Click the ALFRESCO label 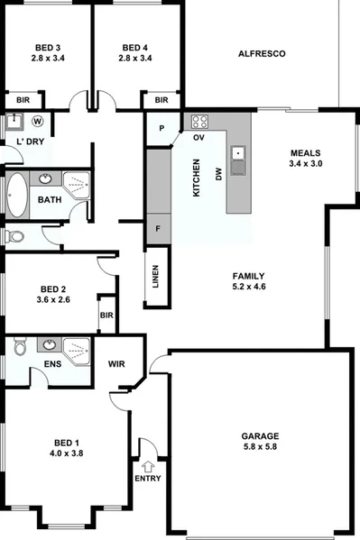click(x=262, y=55)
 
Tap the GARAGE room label click(x=261, y=432)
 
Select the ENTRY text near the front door click(x=147, y=478)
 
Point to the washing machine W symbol click(x=38, y=121)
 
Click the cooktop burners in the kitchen click(x=198, y=123)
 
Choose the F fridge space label click(x=158, y=228)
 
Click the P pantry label click(x=162, y=128)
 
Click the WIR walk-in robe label click(x=116, y=364)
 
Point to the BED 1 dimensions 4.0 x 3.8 click(x=66, y=453)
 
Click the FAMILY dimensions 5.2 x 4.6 click(x=248, y=287)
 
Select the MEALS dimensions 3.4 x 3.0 click(x=304, y=164)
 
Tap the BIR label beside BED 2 click(x=106, y=316)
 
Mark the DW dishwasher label click(x=217, y=177)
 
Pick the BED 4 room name click(x=134, y=48)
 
